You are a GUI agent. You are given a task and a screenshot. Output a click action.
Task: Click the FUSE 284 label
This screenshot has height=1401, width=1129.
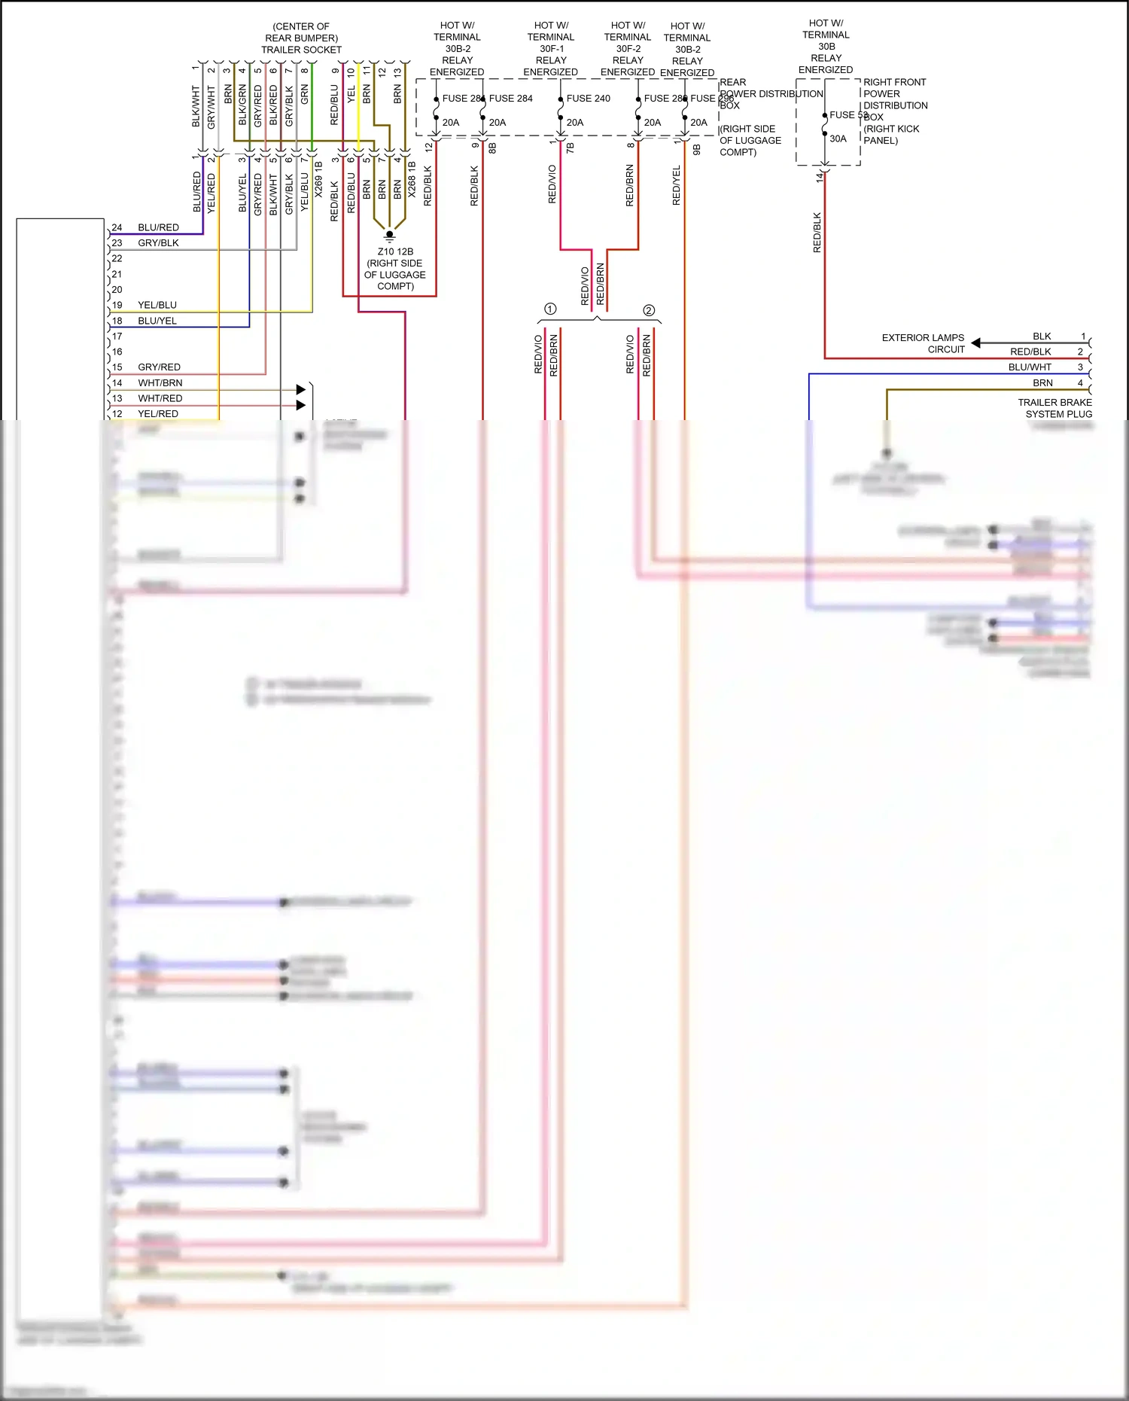tap(510, 99)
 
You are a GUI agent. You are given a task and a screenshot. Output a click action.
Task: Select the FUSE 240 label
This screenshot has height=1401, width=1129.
tap(588, 99)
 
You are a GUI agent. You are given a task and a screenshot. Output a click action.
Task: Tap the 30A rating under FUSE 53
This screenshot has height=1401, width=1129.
tap(838, 139)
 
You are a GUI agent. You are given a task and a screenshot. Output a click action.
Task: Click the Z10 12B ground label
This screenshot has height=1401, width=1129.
tap(395, 252)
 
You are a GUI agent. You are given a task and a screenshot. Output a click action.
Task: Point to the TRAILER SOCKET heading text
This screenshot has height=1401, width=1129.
tap(301, 50)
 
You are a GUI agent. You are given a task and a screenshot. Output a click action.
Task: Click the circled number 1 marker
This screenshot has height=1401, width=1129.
tap(550, 309)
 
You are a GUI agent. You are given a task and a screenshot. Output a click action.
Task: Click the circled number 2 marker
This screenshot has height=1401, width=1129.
tap(649, 310)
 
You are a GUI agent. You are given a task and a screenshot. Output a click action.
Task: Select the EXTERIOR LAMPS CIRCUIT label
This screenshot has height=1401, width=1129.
tap(923, 343)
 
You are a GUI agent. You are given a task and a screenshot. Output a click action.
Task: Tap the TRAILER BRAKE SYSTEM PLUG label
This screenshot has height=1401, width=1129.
tap(1054, 408)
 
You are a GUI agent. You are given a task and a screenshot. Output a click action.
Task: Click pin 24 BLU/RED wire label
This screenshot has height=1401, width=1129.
tap(158, 227)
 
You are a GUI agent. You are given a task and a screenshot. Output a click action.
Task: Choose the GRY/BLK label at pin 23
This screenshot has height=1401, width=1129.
tap(158, 243)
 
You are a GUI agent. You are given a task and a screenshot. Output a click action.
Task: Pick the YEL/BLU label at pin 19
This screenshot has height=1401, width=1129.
tap(157, 305)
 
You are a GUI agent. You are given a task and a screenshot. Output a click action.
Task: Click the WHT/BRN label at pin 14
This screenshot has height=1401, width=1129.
tap(160, 382)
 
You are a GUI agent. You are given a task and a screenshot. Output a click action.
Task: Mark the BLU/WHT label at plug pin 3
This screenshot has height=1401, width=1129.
tap(1030, 367)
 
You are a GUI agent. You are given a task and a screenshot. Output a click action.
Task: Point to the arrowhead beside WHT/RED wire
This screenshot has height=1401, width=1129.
tap(301, 405)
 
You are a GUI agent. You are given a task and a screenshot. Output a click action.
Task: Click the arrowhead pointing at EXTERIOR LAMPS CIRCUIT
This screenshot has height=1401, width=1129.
tap(975, 343)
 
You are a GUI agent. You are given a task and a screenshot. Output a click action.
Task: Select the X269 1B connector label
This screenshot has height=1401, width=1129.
tap(318, 179)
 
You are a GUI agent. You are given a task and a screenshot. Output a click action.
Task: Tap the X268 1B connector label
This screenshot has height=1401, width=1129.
tap(412, 179)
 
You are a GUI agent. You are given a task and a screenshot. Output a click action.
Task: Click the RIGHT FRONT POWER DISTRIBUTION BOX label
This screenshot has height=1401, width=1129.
tap(895, 111)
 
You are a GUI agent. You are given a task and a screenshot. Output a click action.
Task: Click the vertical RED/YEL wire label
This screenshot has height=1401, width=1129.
tap(676, 185)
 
